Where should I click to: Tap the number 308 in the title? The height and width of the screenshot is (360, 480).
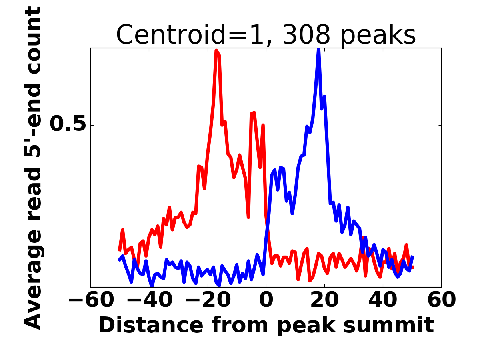306,35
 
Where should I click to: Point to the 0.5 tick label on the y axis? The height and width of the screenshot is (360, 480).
68,125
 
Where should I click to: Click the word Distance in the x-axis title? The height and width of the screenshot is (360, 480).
138,325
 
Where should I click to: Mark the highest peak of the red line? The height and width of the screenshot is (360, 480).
216,50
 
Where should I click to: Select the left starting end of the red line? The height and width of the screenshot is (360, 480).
119,250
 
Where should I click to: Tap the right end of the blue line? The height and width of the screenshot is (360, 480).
412,257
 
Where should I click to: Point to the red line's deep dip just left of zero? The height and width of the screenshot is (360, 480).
248,217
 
